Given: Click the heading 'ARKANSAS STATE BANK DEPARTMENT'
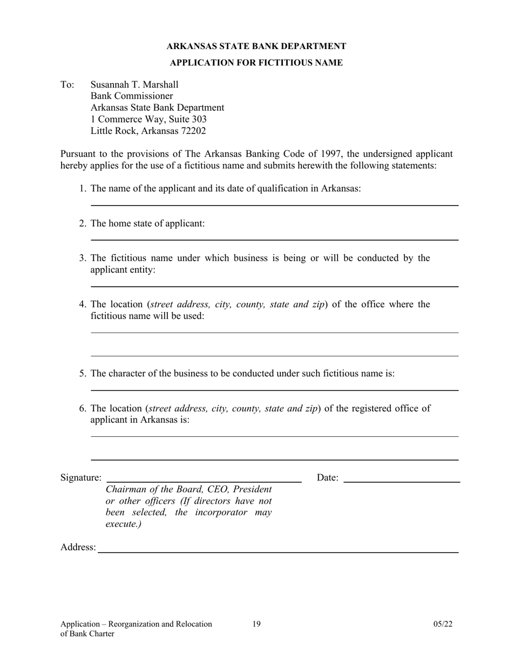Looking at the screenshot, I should coord(256,46).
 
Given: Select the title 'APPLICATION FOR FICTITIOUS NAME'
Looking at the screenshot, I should coord(256,63).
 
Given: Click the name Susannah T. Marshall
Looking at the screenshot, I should coord(134,85).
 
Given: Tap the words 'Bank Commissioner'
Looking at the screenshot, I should coord(131,96).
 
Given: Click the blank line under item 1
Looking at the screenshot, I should coord(274,205).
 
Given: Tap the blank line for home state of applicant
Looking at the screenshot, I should coord(274,239).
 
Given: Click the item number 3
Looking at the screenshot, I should coord(83,258).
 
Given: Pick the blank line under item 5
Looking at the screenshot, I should coord(274,390).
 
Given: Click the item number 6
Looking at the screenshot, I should coord(83,408).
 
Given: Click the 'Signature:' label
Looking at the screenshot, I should coord(80,478).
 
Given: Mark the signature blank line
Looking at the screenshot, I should coord(204,480).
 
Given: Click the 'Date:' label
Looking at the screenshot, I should coord(327,478).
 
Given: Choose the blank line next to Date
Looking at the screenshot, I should coord(401,481).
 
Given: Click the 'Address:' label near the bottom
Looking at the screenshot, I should coord(78,547).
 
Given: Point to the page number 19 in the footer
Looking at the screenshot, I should coord(256,624).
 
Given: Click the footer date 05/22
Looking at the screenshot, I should coord(442,624).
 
